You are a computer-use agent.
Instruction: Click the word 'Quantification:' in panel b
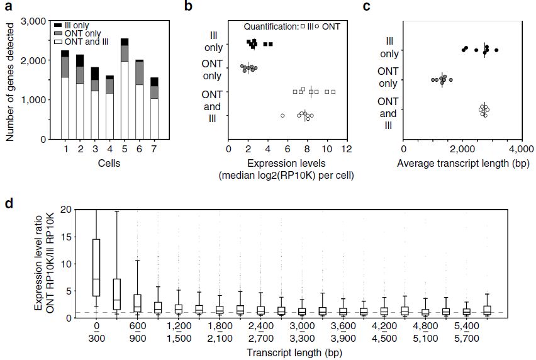271,26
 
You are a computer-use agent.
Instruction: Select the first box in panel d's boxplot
97,267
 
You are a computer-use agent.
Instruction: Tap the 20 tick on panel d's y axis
67,210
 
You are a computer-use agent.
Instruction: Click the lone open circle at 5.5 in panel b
282,116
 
